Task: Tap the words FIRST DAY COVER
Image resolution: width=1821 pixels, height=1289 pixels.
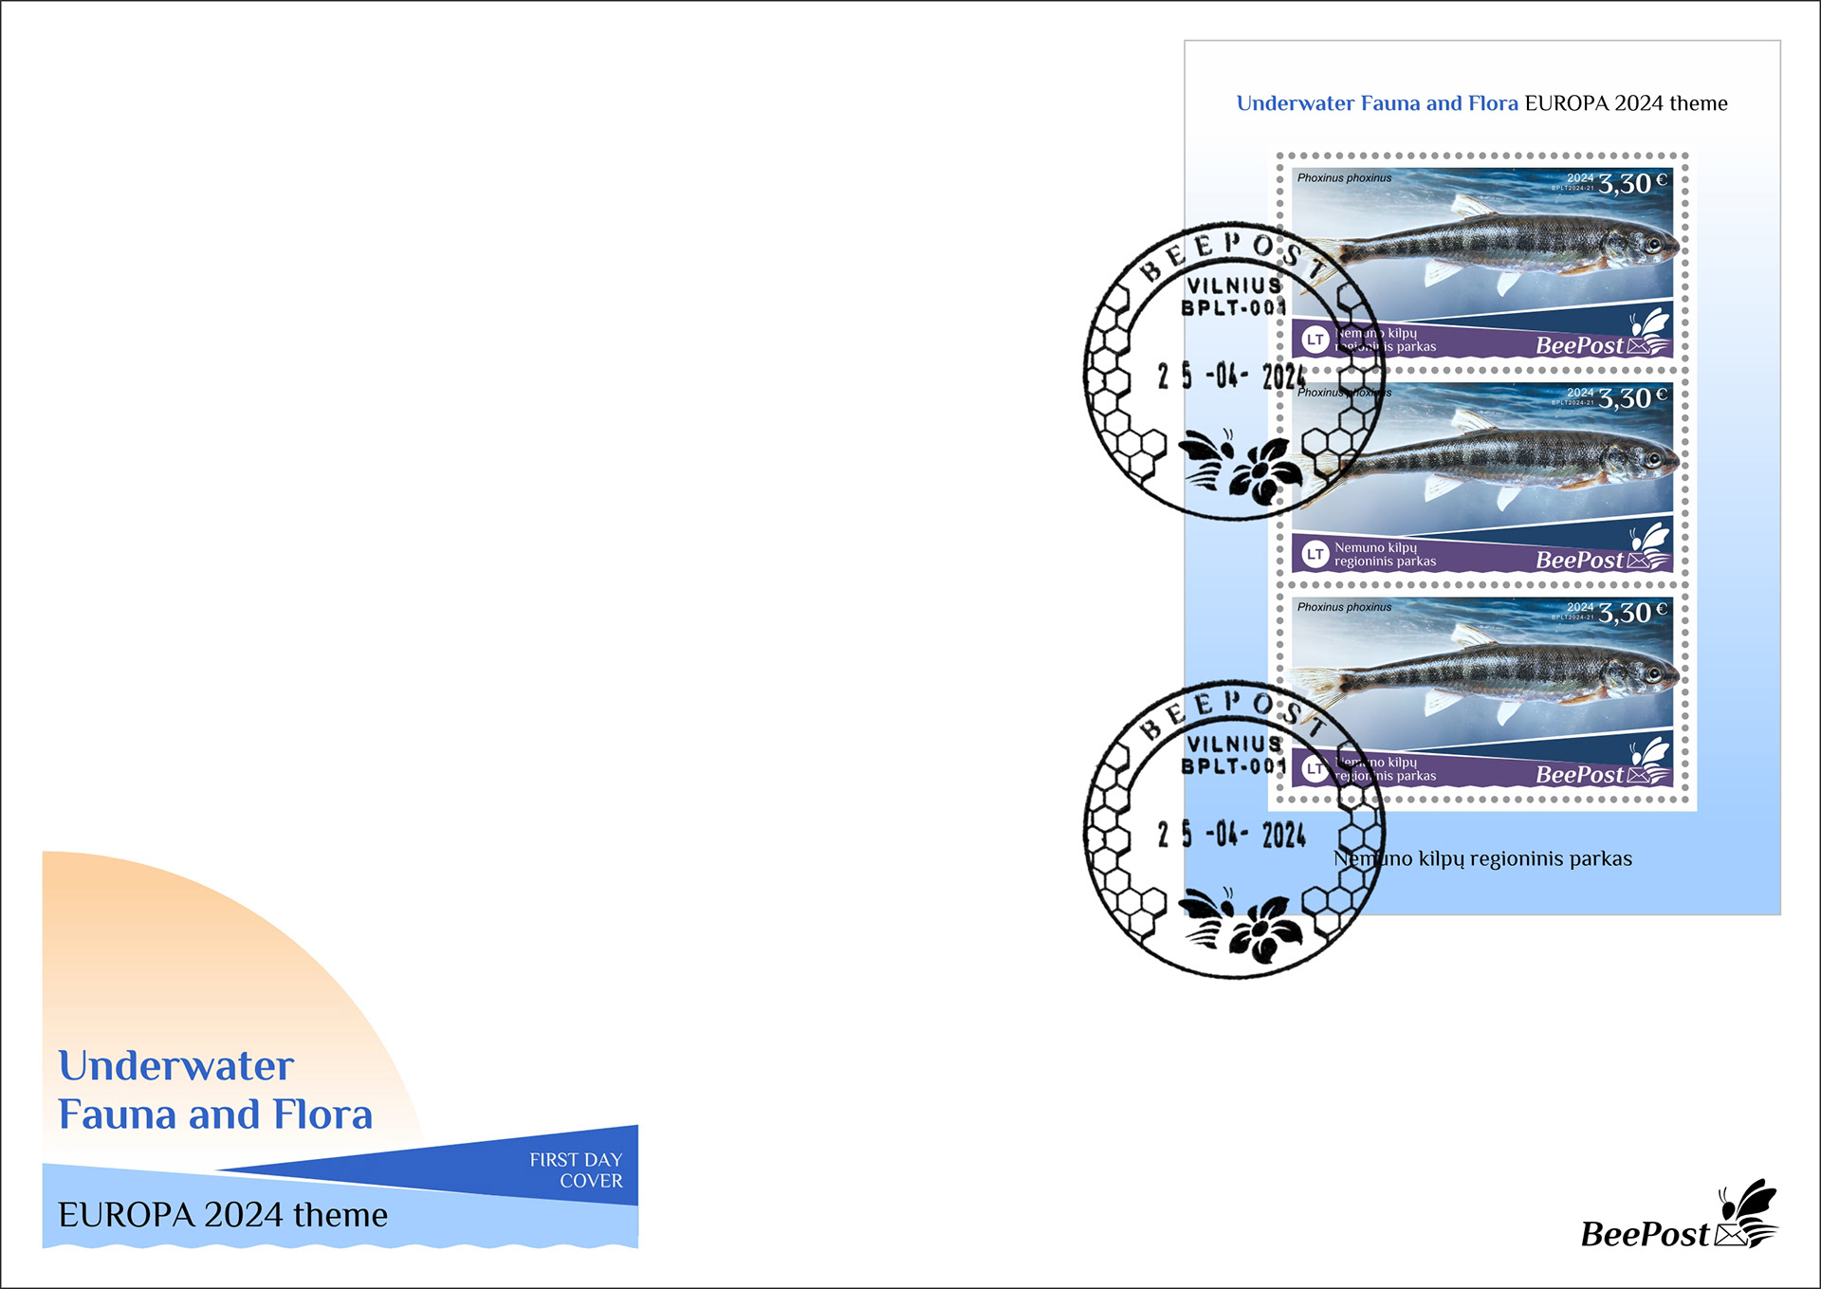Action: click(576, 1170)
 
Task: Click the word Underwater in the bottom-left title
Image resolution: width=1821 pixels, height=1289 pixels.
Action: click(176, 1066)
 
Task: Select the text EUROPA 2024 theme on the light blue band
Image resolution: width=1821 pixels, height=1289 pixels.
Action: click(223, 1215)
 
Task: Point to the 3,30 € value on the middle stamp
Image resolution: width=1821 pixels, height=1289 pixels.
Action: click(1631, 398)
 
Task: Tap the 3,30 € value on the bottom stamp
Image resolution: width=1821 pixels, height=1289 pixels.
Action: click(1631, 613)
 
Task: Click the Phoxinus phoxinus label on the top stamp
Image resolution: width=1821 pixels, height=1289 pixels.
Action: click(1344, 178)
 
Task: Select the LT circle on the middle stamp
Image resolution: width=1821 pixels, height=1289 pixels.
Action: click(1315, 554)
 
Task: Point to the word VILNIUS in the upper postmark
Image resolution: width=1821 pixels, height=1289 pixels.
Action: click(1234, 285)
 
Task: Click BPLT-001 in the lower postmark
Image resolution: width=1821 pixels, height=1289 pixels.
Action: click(1233, 766)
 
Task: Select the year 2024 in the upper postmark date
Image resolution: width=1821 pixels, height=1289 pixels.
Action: click(1283, 377)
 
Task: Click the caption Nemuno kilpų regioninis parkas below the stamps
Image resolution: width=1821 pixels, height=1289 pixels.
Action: click(1482, 859)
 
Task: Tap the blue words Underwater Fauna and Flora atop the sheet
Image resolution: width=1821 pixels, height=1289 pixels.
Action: click(1377, 103)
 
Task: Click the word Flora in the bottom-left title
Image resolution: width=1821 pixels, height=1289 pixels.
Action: click(322, 1115)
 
